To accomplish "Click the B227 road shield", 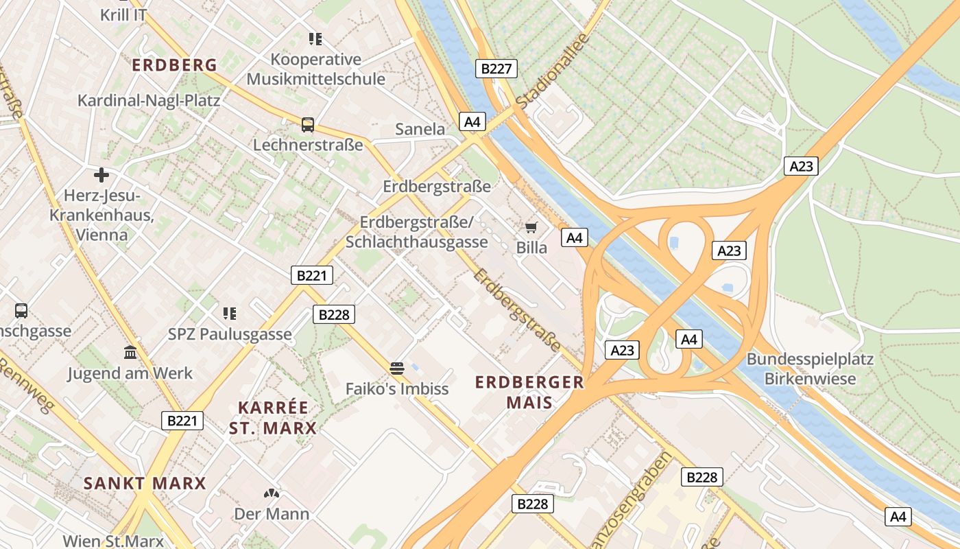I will tap(496, 69).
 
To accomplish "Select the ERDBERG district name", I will tap(174, 65).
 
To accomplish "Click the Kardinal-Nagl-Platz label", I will tap(149, 101).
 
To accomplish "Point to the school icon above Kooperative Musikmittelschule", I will tap(315, 38).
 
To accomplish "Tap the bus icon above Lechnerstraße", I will tap(308, 125).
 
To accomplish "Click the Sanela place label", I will tap(420, 129).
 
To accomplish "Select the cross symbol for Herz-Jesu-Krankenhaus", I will tap(101, 175).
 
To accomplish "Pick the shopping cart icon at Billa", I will tap(531, 227).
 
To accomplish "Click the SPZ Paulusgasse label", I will tap(230, 335).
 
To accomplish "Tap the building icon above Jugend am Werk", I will tap(130, 353).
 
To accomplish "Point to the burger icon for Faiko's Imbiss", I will tap(396, 369).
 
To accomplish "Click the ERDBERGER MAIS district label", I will tap(530, 392).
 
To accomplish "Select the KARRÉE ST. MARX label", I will tap(273, 418).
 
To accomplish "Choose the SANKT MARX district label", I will tap(145, 483).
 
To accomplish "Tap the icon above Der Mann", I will tap(272, 493).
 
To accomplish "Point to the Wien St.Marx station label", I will tap(113, 541).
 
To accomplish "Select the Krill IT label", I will tap(123, 14).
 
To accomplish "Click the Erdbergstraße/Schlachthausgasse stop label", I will tap(417, 233).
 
